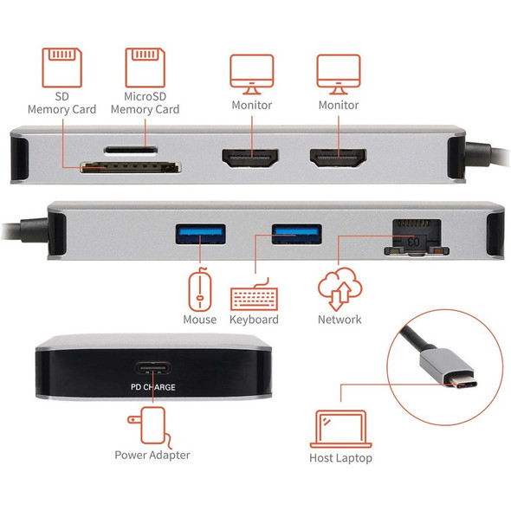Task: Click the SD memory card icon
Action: [x=61, y=68]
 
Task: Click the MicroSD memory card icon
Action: [x=146, y=68]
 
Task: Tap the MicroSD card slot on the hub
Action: [x=131, y=150]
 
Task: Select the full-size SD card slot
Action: [x=131, y=167]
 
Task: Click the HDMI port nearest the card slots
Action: [x=250, y=158]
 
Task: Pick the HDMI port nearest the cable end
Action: [x=339, y=158]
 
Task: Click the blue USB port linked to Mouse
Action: [x=200, y=234]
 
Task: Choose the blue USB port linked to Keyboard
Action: [x=297, y=234]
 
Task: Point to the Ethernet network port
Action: [x=417, y=237]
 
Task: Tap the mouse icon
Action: [x=200, y=288]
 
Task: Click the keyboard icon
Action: [x=254, y=294]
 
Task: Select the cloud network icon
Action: [x=340, y=288]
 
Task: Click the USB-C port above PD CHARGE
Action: [x=153, y=368]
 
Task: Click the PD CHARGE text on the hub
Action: [x=153, y=387]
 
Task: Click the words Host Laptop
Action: [x=340, y=458]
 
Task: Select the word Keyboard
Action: [x=254, y=320]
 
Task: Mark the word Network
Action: [x=340, y=320]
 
